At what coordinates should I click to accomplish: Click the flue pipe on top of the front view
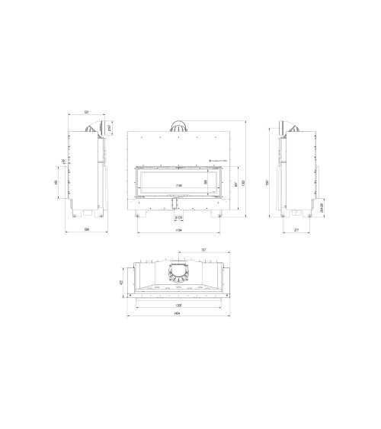click(179, 127)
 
